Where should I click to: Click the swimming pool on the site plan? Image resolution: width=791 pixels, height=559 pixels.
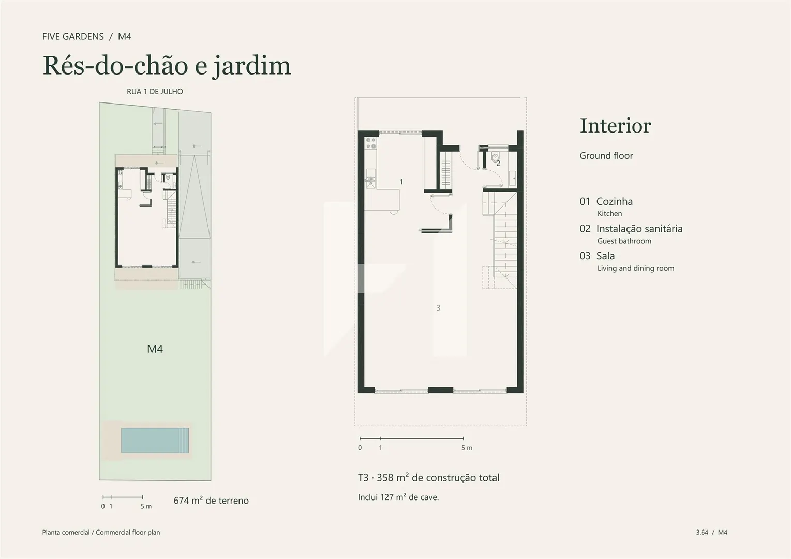155,440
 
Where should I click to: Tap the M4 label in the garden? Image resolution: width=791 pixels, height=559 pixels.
155,349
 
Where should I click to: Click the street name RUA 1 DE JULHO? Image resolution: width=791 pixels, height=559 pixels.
155,92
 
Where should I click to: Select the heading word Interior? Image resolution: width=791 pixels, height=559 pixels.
616,126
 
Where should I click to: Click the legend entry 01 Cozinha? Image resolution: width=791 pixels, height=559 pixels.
606,201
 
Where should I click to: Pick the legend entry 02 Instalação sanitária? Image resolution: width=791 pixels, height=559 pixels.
631,229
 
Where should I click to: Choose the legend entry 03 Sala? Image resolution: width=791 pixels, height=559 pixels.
597,256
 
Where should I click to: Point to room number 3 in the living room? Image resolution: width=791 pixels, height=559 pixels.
438,308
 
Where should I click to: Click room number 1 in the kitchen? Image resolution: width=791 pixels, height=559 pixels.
401,182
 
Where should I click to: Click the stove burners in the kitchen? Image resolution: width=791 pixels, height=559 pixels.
371,143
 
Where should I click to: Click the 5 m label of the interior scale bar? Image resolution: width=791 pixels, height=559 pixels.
467,448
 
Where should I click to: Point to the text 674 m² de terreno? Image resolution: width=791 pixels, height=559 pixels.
211,501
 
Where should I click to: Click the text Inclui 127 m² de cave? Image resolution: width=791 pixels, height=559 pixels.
398,497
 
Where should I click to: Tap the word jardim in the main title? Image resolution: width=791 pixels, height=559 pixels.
251,66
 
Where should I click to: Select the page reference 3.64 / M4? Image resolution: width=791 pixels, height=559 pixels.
711,532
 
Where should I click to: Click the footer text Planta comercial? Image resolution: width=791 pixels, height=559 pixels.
66,533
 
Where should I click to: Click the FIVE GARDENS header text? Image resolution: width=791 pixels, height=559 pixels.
73,36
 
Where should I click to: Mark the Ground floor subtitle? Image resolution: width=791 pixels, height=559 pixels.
606,155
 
